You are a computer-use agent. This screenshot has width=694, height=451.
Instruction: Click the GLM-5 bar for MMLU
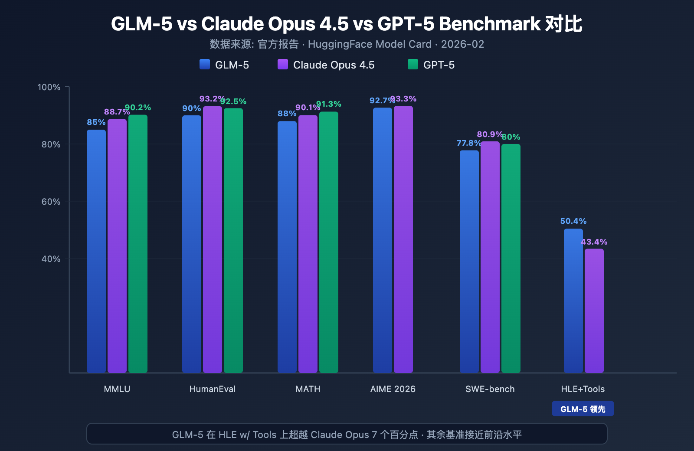click(x=96, y=252)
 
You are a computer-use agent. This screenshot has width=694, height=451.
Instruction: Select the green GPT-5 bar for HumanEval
click(x=233, y=241)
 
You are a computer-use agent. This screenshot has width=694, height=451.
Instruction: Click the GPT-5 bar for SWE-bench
click(x=511, y=258)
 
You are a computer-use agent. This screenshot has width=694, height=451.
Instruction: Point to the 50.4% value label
click(x=573, y=221)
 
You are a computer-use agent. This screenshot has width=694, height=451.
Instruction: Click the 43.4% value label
click(x=594, y=242)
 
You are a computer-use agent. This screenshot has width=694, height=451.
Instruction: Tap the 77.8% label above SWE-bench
click(x=468, y=143)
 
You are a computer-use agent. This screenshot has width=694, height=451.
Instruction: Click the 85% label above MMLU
click(x=96, y=122)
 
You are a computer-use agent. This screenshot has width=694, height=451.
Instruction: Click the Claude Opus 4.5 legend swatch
click(x=283, y=65)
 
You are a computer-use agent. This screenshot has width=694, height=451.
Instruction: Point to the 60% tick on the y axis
click(x=51, y=202)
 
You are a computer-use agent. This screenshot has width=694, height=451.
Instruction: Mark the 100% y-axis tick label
click(x=49, y=87)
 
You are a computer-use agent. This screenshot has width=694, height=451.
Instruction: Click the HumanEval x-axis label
click(x=213, y=389)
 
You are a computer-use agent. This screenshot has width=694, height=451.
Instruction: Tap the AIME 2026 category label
click(x=393, y=389)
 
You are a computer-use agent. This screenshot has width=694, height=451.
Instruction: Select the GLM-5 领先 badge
click(x=583, y=409)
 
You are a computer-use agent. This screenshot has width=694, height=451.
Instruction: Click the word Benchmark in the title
click(x=490, y=24)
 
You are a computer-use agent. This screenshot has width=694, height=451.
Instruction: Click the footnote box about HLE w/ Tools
click(x=347, y=434)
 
